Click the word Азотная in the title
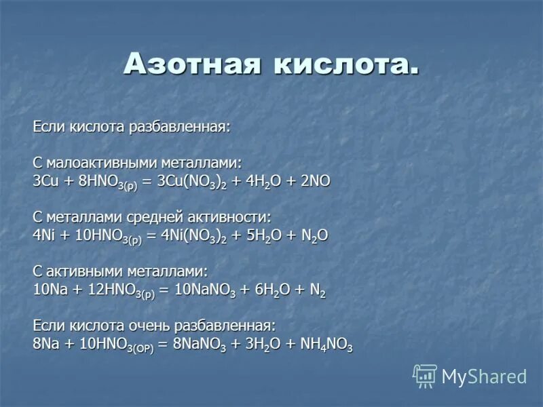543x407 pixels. [191, 64]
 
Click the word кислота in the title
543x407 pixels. [346, 64]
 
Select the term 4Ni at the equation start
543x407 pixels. [44, 235]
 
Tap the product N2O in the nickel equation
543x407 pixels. [313, 235]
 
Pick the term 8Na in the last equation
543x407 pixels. [45, 344]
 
